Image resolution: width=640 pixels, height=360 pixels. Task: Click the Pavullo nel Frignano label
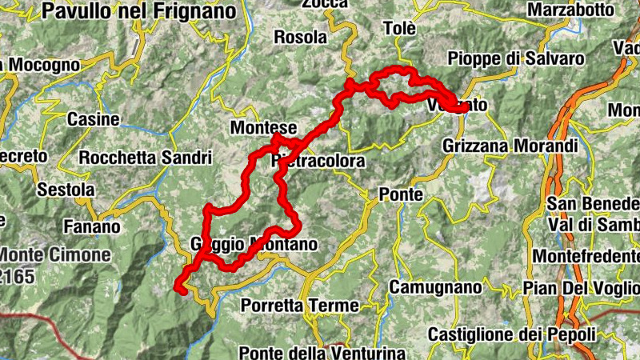[x=140, y=11]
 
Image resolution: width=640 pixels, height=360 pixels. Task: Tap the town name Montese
[x=263, y=128]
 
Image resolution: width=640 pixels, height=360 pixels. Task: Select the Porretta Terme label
[x=290, y=306]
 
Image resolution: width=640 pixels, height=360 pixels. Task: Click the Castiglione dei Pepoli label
[x=512, y=334]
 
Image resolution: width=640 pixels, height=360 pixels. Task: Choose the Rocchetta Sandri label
[x=145, y=158]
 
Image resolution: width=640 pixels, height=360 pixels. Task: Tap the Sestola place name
[x=66, y=190]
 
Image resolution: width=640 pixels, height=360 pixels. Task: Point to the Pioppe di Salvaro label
[x=516, y=58]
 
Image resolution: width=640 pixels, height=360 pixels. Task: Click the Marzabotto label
[x=571, y=10]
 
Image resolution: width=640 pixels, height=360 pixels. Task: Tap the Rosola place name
[x=301, y=37]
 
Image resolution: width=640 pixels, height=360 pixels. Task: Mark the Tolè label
[x=400, y=29]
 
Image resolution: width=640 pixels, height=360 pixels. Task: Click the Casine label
[x=93, y=119]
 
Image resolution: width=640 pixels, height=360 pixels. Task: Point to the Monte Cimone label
[x=54, y=255]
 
